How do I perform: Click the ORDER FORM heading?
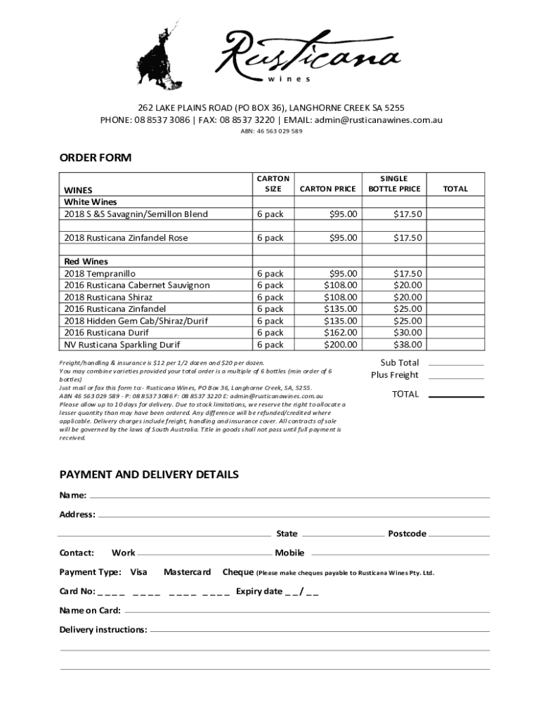[96, 158]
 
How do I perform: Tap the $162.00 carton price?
[340, 333]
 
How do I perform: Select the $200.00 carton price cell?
[340, 345]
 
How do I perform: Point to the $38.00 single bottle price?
[408, 345]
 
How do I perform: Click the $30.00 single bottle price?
[408, 333]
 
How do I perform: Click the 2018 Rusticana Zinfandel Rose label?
[126, 238]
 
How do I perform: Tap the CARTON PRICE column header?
[327, 189]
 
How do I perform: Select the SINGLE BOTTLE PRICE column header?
[394, 184]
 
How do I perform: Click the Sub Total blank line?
[456, 365]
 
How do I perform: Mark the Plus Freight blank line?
[456, 378]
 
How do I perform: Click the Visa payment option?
[139, 572]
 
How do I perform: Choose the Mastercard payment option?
[188, 572]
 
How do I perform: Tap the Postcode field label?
[407, 534]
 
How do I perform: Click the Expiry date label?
[259, 591]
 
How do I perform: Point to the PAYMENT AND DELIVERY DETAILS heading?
[149, 475]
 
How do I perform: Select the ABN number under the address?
[270, 131]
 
